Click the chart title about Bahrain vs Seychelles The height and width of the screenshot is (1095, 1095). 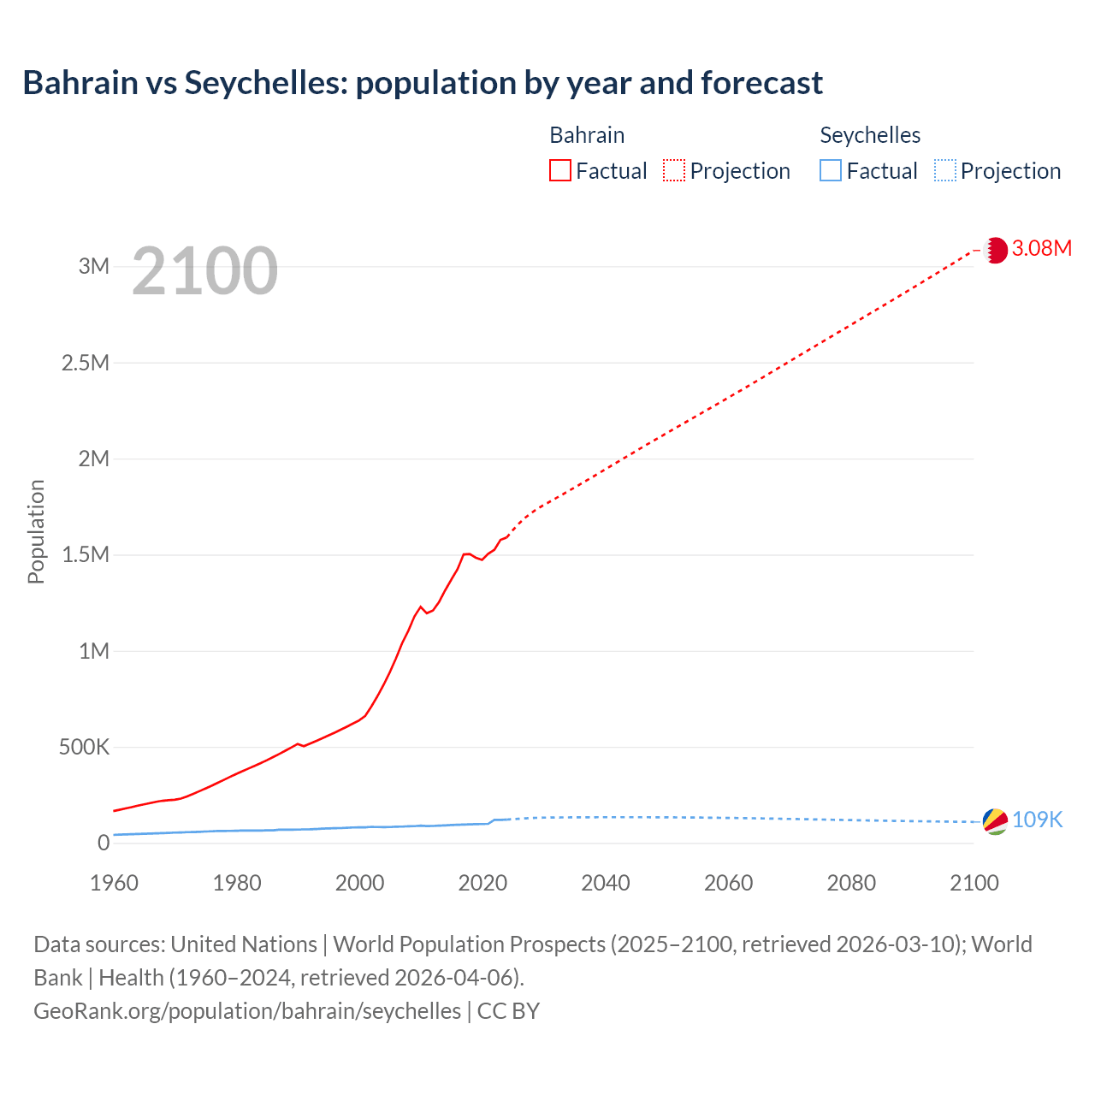pos(423,83)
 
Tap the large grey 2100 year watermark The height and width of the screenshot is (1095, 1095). pos(205,271)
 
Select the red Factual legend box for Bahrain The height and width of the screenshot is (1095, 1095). pos(560,171)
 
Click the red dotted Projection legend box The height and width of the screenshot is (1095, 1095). pos(674,171)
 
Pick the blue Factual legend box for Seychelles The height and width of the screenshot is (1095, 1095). pos(831,171)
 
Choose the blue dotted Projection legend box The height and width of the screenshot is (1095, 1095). pos(944,171)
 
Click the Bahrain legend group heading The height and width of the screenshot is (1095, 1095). pos(587,135)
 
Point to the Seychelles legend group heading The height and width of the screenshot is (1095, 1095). pos(870,135)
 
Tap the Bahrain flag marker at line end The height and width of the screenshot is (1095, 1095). pos(995,250)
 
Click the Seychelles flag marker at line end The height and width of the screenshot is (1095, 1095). pos(995,821)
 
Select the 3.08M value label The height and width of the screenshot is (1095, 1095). pos(1042,248)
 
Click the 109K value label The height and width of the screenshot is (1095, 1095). pos(1037,820)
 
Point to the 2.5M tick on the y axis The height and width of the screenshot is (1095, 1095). pos(86,363)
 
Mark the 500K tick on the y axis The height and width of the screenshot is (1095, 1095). pos(85,748)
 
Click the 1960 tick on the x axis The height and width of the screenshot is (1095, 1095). pos(114,883)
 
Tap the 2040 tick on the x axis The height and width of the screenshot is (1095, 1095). pos(606,883)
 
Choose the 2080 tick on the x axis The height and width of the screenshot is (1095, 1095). pos(851,883)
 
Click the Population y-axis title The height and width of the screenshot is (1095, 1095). pos(36,531)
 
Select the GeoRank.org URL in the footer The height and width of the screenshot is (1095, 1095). pos(247,1011)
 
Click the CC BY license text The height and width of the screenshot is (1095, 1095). pos(508,1011)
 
